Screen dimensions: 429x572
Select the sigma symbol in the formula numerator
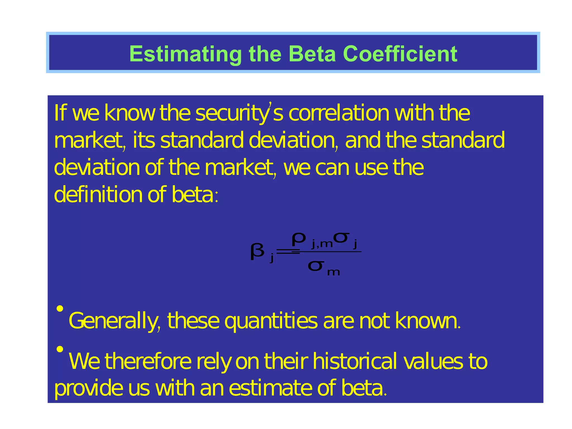pyautogui.click(x=342, y=237)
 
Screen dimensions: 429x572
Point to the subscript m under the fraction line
pyautogui.click(x=333, y=272)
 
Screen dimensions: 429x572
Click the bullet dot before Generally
pyautogui.click(x=60, y=309)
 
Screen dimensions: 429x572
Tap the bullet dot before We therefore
pyautogui.click(x=60, y=349)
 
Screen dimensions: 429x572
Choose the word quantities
pyautogui.click(x=271, y=321)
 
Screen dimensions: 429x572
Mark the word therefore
pyautogui.click(x=148, y=361)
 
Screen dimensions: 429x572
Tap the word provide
pyautogui.click(x=88, y=389)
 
